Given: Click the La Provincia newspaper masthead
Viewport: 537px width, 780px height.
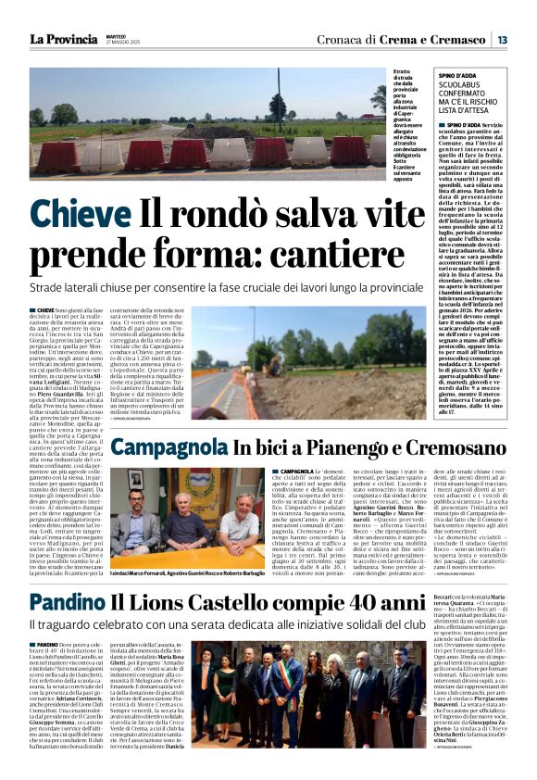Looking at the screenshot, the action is click(x=64, y=39).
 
